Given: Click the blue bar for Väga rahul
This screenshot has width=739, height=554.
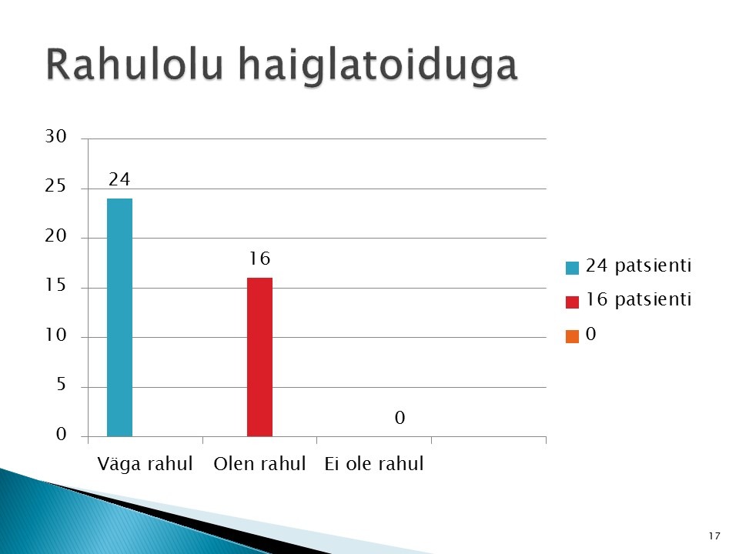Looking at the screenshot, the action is [x=120, y=318].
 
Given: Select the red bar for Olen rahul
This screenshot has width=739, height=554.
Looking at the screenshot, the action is [x=259, y=357].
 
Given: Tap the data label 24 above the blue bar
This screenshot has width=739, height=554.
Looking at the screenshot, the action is [x=119, y=179].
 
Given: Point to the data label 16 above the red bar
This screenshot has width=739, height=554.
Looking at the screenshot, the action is [x=259, y=259].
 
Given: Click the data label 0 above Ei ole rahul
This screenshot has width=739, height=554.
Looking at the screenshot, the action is [x=400, y=417].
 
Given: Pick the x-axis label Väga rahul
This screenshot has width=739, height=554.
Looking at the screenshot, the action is [x=145, y=463].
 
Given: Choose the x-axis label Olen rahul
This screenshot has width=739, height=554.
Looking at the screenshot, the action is [x=259, y=463].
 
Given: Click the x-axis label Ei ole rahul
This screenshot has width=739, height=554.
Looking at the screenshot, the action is [x=374, y=463].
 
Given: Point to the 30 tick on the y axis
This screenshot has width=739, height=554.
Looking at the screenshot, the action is [x=55, y=136].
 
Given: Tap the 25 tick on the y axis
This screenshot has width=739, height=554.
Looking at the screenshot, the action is [x=55, y=186].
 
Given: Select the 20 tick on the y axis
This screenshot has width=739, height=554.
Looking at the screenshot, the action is [x=55, y=235].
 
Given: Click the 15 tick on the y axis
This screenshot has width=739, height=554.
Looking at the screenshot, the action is [x=55, y=285].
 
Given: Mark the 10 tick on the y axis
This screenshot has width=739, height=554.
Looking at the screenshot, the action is [x=55, y=335].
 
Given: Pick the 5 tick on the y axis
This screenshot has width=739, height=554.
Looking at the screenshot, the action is [x=62, y=385].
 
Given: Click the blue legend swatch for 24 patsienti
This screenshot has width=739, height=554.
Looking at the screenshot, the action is [x=572, y=268].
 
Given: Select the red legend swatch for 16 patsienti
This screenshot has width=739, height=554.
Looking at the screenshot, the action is [x=572, y=302].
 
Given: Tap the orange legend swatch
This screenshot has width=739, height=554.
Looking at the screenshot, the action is [x=572, y=336].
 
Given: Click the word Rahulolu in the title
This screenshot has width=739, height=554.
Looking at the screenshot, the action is [x=134, y=64].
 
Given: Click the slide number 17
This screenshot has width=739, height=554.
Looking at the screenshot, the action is [x=714, y=536].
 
